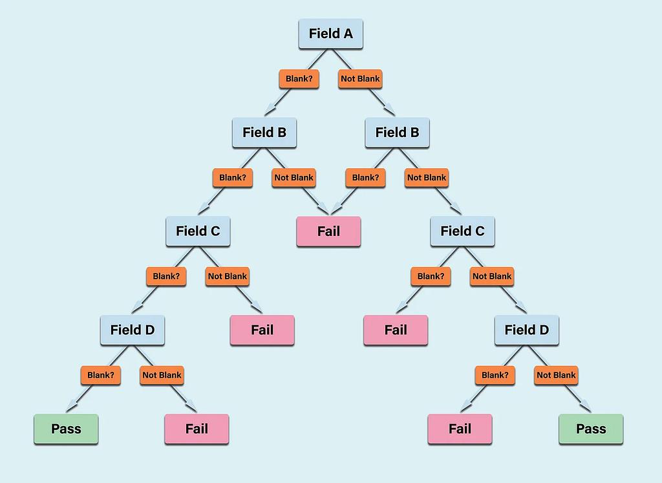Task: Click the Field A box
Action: [x=330, y=34]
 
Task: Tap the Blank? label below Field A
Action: [x=298, y=79]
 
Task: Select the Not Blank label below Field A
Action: [x=360, y=79]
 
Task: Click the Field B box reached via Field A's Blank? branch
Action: [x=264, y=133]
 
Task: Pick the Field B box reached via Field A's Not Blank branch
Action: [x=397, y=133]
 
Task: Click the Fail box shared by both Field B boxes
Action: [x=328, y=231]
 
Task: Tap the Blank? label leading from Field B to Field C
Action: [x=232, y=178]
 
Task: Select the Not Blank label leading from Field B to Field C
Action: [x=427, y=178]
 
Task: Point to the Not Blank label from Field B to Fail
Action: [x=294, y=178]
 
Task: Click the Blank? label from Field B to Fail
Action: [x=365, y=178]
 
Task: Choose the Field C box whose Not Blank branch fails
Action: [x=198, y=231]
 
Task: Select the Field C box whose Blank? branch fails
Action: [x=462, y=231]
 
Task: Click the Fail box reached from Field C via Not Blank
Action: [x=262, y=330]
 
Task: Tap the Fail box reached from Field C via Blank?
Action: [x=396, y=330]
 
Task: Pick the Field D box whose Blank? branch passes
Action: [x=133, y=330]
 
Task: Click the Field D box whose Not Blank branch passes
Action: [x=527, y=330]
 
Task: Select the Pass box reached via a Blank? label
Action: [x=66, y=429]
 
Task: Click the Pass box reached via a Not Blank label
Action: [x=591, y=429]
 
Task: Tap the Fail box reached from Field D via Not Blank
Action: [x=197, y=429]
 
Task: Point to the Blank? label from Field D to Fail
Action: [x=495, y=375]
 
